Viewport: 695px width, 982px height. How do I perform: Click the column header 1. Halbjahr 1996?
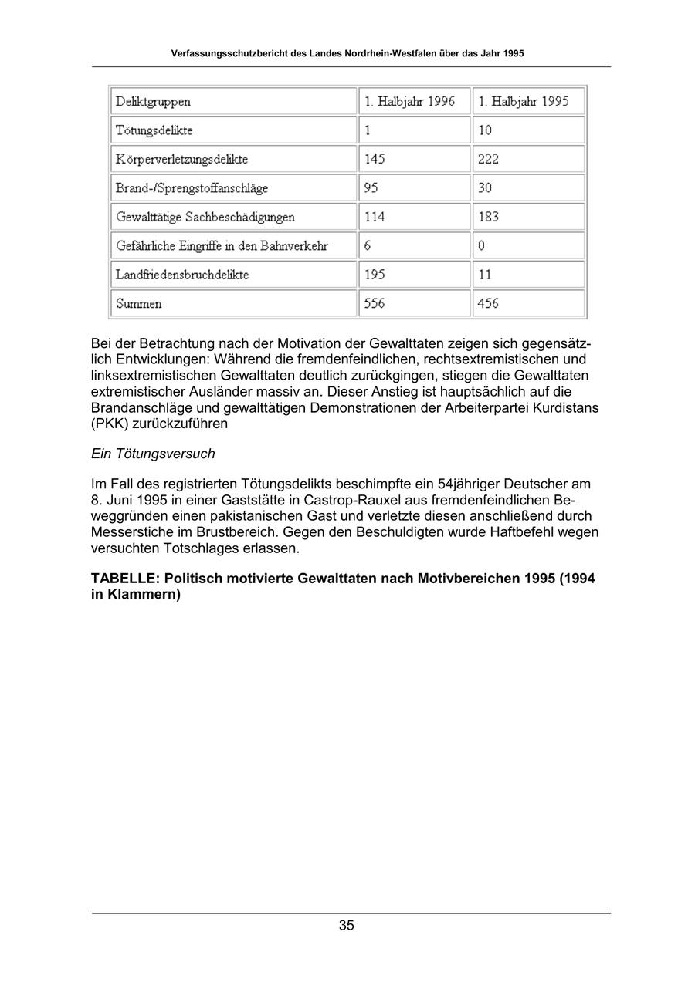click(409, 102)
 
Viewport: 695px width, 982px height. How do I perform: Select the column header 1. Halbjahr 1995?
click(524, 102)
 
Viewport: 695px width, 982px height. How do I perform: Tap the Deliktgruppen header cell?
click(153, 102)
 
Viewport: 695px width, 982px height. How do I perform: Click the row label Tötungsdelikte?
click(154, 130)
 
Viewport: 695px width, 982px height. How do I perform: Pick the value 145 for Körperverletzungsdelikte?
click(375, 160)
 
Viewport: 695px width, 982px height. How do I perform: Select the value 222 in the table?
click(488, 160)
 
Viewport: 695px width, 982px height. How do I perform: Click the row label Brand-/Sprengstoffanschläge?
click(192, 188)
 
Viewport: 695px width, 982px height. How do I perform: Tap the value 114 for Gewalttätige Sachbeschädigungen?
click(375, 218)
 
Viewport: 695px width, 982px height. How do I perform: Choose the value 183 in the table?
click(488, 218)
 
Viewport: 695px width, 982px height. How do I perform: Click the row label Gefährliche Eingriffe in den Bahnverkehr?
click(222, 246)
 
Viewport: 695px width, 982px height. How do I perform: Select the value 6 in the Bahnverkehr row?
click(368, 246)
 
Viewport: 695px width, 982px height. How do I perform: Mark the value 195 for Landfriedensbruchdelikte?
click(375, 275)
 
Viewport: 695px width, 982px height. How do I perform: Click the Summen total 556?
click(375, 304)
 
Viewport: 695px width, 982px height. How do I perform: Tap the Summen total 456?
click(488, 304)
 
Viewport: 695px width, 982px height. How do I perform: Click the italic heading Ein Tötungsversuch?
click(153, 454)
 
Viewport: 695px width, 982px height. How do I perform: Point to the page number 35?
click(346, 926)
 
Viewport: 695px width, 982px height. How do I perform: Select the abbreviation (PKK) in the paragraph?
click(109, 424)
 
